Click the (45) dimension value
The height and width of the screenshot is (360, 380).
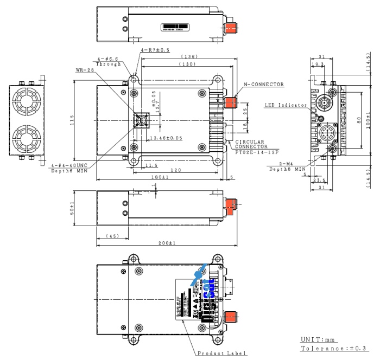pos(112,236)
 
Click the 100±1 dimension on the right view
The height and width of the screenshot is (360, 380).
pos(368,120)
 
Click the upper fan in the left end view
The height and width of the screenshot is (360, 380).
pos(27,100)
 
